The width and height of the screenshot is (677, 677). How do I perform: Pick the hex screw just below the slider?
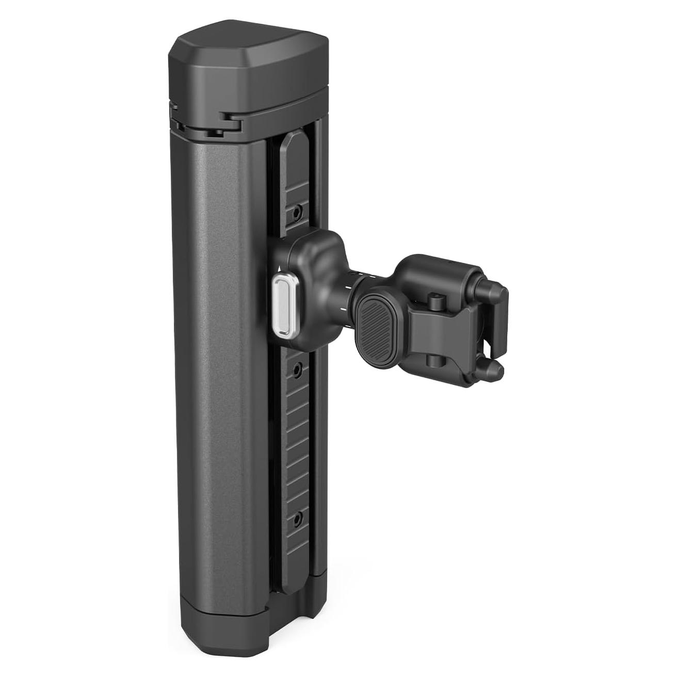coord(297,370)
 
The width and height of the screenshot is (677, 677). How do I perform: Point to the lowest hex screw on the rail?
coord(297,517)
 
